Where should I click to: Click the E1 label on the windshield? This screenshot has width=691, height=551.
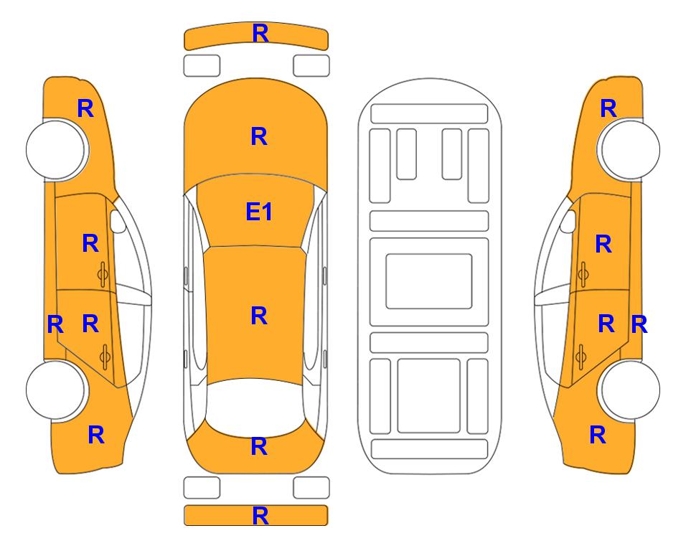tap(259, 212)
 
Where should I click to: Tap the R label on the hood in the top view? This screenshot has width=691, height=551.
tap(259, 136)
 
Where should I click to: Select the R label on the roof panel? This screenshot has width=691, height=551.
tap(259, 316)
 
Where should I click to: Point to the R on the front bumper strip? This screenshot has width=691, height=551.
tap(260, 33)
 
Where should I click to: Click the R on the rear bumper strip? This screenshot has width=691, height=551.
tap(260, 515)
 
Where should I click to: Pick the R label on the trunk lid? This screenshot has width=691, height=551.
tap(259, 446)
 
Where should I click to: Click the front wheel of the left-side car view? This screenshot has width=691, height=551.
tap(56, 149)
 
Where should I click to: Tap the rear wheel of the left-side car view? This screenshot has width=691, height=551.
tap(56, 390)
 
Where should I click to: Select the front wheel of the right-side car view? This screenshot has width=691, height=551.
tap(630, 149)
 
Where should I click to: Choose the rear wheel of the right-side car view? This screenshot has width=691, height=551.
tap(630, 390)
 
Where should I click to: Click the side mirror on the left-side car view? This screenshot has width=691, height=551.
tap(118, 221)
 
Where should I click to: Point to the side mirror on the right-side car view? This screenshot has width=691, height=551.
tap(568, 221)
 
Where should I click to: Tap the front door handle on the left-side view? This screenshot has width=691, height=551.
tap(103, 274)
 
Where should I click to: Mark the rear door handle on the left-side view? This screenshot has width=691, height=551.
tap(105, 357)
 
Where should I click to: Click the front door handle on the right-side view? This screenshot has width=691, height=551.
tap(583, 274)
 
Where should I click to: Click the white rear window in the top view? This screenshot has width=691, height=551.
tap(255, 408)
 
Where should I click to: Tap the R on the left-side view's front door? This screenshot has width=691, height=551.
tap(90, 243)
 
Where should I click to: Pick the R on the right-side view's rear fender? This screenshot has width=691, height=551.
tap(598, 435)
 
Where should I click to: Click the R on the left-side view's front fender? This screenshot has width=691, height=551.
tap(85, 108)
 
